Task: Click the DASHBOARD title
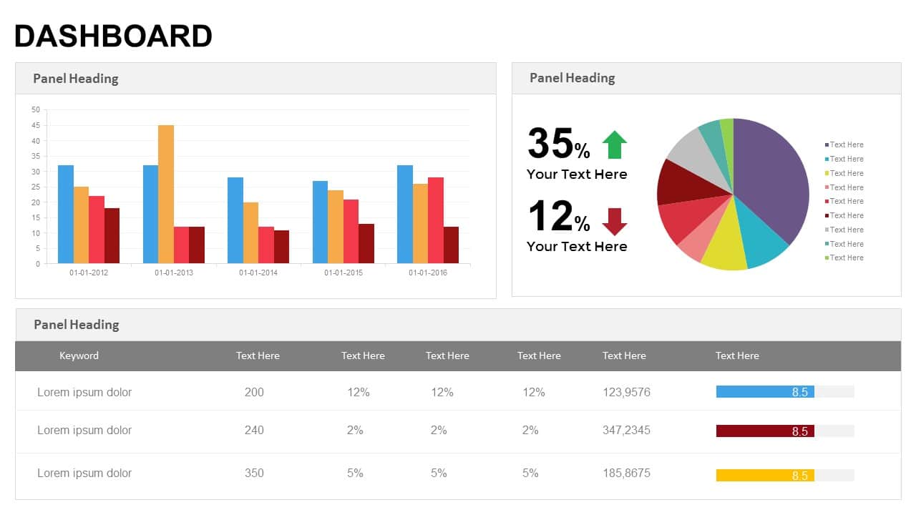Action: click(x=113, y=36)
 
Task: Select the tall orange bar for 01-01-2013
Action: click(x=165, y=194)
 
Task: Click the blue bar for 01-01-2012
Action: click(x=66, y=214)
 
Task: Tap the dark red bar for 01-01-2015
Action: click(x=366, y=243)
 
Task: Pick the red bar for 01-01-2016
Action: click(x=435, y=220)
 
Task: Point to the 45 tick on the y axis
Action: click(x=36, y=125)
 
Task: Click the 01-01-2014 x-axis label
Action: click(x=258, y=273)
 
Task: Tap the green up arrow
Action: click(x=614, y=144)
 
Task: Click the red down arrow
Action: click(x=614, y=222)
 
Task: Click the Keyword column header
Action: click(x=79, y=355)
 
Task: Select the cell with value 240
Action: click(x=254, y=430)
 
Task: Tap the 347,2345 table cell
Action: click(x=626, y=430)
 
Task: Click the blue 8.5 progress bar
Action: click(x=765, y=391)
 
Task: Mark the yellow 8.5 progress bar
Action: click(x=765, y=475)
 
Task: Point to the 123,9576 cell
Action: click(x=626, y=392)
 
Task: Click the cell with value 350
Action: click(x=254, y=473)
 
